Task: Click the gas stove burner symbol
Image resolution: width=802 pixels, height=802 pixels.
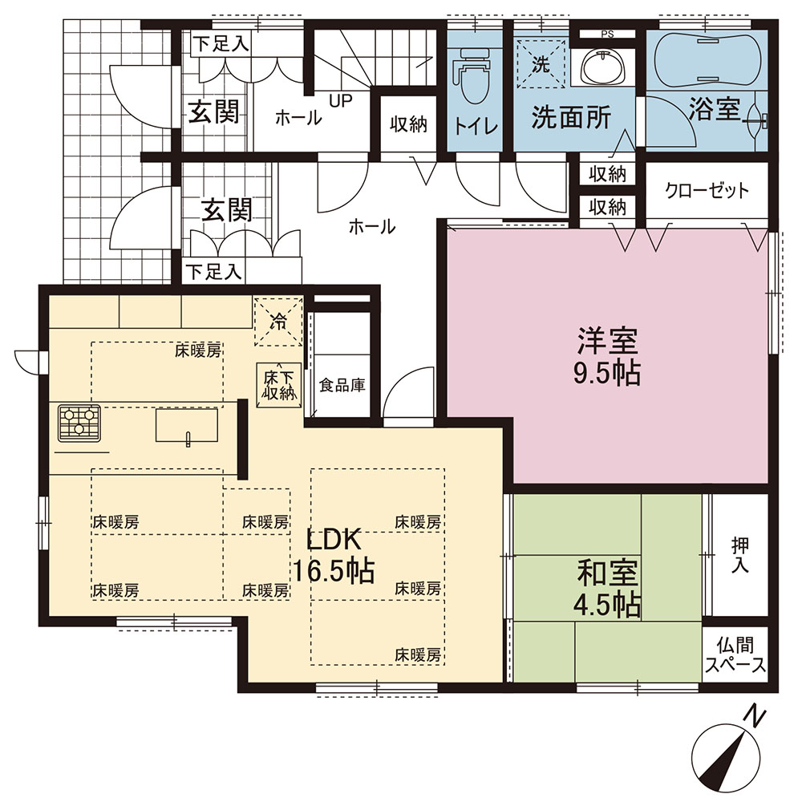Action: click(x=79, y=423)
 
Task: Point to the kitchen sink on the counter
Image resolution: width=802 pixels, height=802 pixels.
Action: click(x=186, y=426)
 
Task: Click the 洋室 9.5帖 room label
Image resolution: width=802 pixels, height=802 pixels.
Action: click(x=607, y=358)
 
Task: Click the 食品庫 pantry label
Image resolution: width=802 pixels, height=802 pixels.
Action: click(x=342, y=385)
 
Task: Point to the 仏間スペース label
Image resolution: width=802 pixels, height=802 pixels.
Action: click(x=735, y=654)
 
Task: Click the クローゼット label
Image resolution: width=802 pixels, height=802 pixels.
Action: click(x=707, y=191)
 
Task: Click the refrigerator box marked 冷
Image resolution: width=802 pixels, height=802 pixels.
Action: click(x=277, y=322)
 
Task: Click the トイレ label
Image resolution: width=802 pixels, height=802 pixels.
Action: click(x=476, y=126)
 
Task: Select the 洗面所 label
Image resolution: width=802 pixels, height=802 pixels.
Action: click(x=571, y=119)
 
